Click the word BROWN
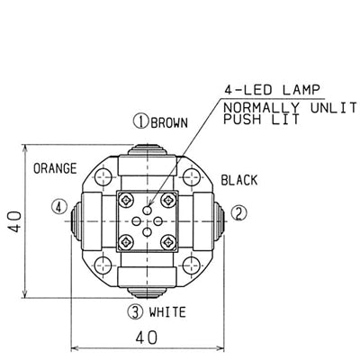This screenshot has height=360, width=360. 169,122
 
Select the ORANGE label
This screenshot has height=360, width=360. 55,168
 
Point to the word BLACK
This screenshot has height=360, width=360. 239,180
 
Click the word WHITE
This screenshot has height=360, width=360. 167,312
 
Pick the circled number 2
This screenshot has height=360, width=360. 239,213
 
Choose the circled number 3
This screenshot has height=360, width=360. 135,312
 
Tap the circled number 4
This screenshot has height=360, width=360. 59,207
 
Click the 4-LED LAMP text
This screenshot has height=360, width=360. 272,90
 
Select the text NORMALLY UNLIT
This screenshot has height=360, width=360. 290,108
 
